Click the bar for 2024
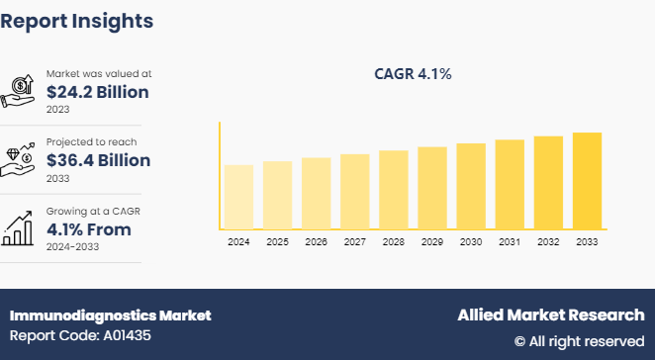click(x=238, y=197)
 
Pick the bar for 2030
click(x=471, y=187)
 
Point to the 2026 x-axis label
click(x=316, y=242)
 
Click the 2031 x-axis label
click(x=510, y=242)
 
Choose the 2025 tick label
click(x=277, y=242)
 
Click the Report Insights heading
click(x=77, y=20)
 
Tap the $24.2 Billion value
click(x=97, y=93)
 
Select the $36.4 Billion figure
click(x=98, y=160)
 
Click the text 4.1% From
click(x=88, y=229)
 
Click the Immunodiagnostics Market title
click(x=110, y=315)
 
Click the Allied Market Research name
click(x=550, y=315)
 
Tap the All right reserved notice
click(x=579, y=341)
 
